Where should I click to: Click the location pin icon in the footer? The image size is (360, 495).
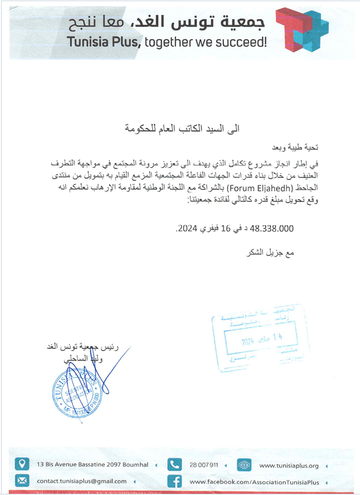[x=22, y=464]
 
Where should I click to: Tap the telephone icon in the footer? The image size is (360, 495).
[x=174, y=464]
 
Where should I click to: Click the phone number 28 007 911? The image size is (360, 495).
[x=204, y=465]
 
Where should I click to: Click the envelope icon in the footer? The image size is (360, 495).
[x=22, y=481]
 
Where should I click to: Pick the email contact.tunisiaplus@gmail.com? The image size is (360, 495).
[x=81, y=481]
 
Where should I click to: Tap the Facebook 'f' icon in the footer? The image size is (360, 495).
[x=174, y=481]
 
